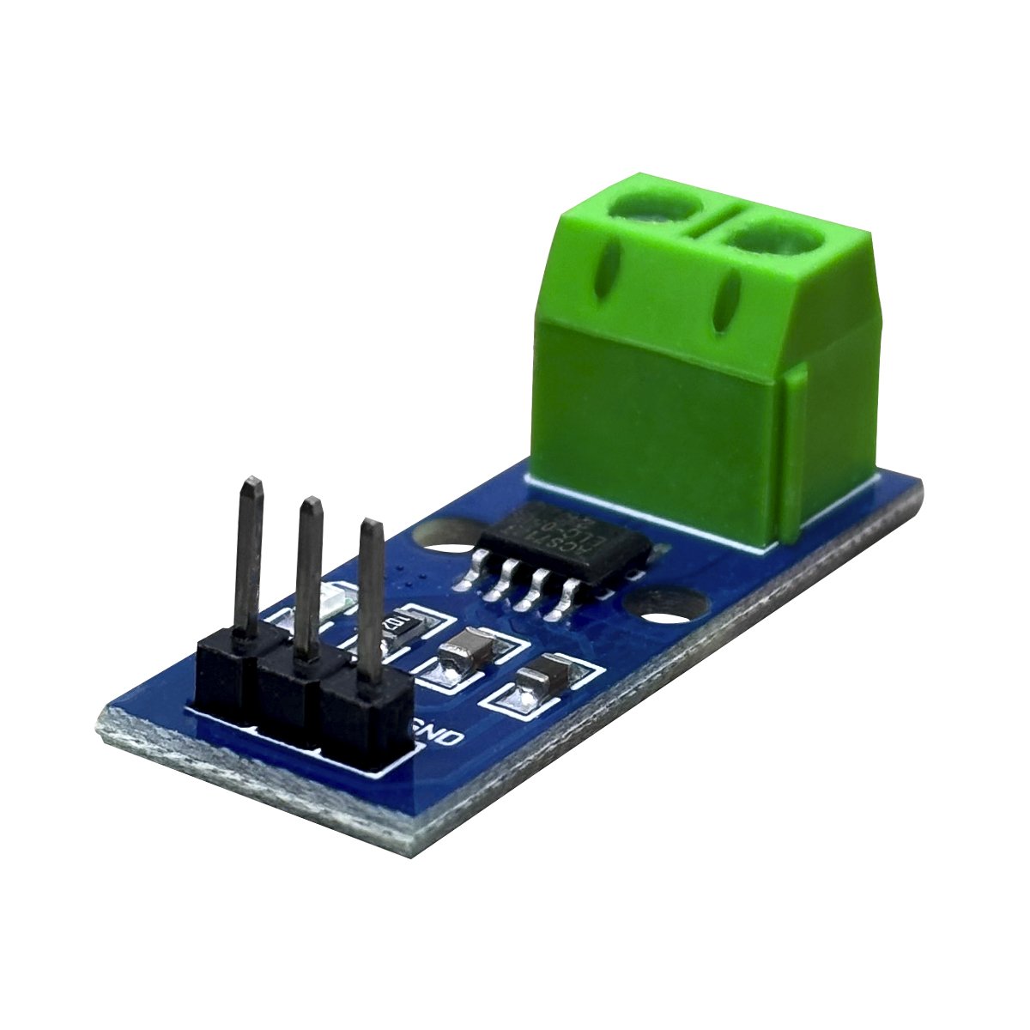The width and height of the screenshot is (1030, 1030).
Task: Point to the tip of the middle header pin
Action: (x=310, y=507)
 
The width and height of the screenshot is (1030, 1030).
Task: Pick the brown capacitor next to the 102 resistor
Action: (x=463, y=649)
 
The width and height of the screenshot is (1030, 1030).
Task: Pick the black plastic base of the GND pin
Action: (x=365, y=721)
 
